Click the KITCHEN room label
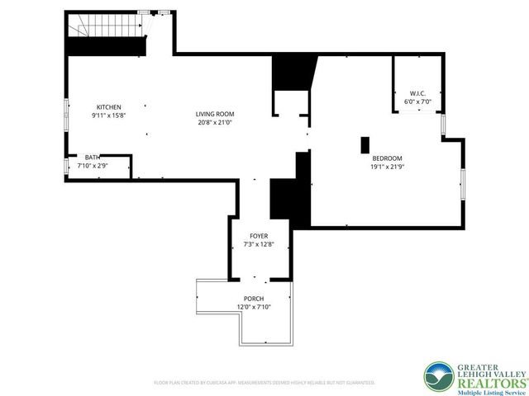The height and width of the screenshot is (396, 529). (x=109, y=107)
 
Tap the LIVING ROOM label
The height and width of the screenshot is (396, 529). (x=216, y=114)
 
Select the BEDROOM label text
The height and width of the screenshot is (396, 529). (x=387, y=158)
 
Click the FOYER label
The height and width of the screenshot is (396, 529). (x=259, y=236)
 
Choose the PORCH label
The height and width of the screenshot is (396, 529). (x=253, y=299)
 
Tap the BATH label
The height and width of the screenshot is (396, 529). (x=93, y=158)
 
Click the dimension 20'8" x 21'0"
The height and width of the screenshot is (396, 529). (x=216, y=122)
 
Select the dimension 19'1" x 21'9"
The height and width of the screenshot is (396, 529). (x=387, y=167)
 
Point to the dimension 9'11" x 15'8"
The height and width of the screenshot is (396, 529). (x=109, y=115)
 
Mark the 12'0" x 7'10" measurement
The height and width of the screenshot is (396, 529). (x=253, y=307)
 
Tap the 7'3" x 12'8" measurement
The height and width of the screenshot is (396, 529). (x=259, y=244)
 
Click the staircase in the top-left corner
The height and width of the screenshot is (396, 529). (x=106, y=33)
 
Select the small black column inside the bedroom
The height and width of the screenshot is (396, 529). (x=365, y=144)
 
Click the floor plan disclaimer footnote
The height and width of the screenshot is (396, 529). (x=264, y=382)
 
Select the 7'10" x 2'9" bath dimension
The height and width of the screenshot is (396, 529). (x=93, y=166)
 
